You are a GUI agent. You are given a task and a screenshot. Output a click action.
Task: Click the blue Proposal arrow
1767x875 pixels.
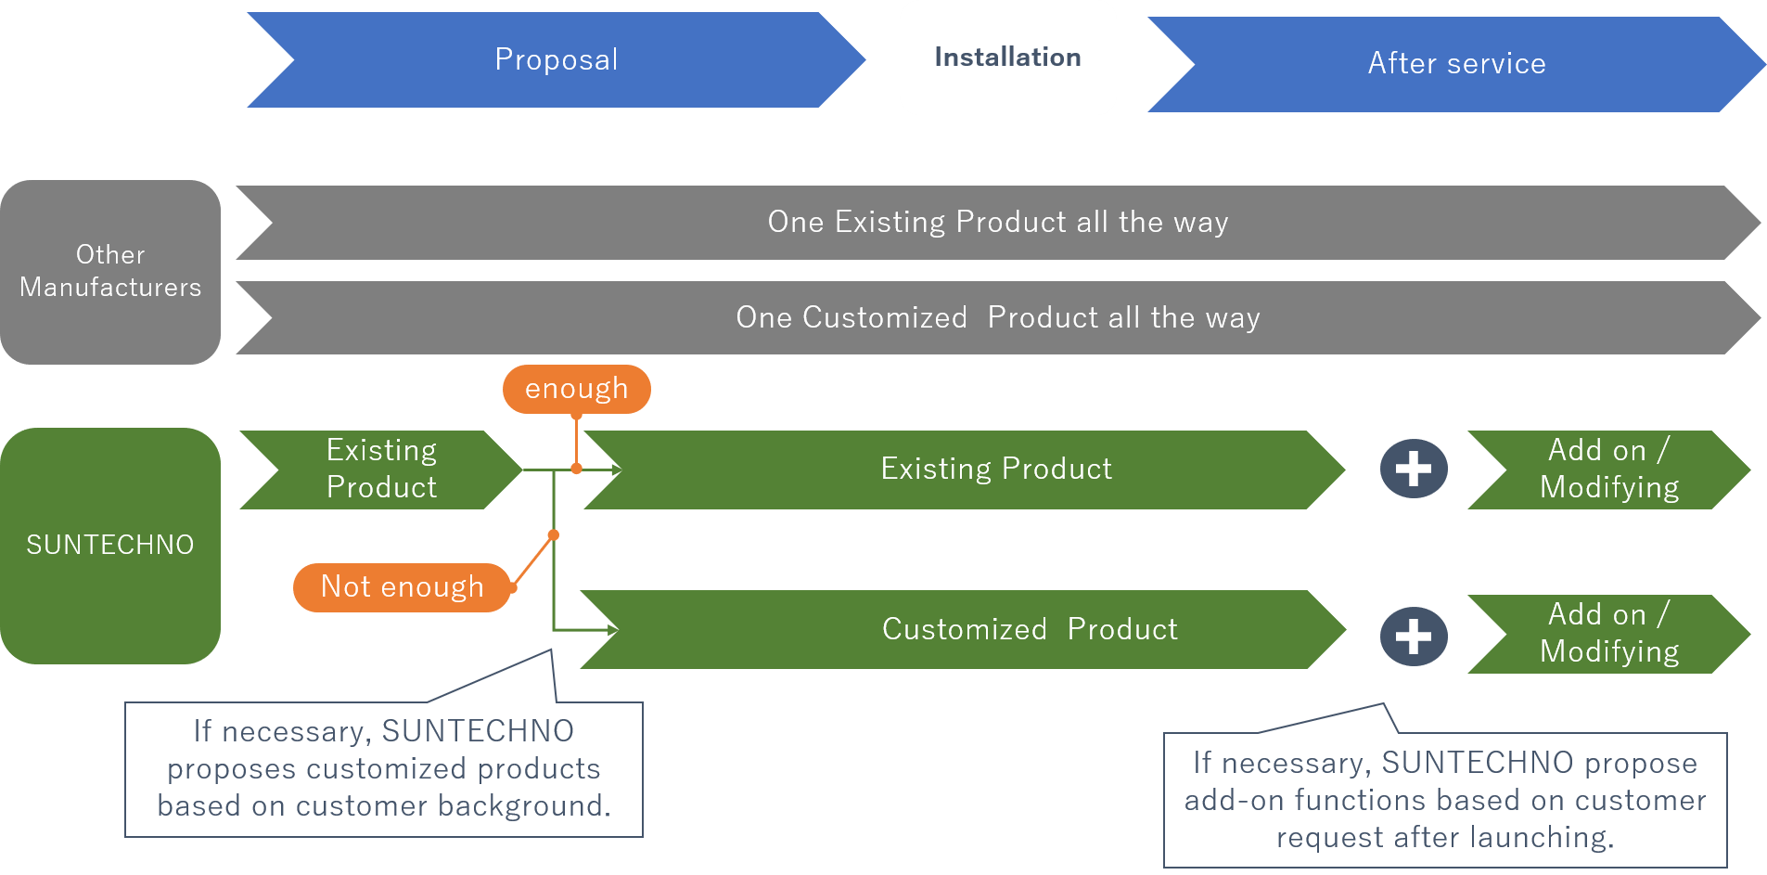click(x=556, y=59)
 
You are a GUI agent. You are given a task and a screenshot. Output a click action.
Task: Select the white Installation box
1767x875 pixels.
click(x=1007, y=58)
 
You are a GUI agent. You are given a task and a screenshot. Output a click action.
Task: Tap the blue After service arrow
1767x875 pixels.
click(x=1456, y=64)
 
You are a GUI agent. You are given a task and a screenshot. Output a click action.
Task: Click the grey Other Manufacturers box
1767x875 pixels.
click(x=110, y=271)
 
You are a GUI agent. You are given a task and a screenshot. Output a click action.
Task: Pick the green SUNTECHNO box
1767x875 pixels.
click(x=110, y=545)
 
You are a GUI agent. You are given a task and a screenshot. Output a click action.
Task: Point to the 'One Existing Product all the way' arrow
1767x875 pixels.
click(x=997, y=223)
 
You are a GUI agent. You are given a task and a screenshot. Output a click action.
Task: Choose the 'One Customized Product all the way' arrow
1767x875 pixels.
click(x=997, y=317)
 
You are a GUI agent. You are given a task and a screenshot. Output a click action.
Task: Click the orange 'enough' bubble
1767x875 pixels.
click(x=576, y=389)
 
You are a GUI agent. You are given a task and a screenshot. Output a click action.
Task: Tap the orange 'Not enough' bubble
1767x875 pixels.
click(x=402, y=586)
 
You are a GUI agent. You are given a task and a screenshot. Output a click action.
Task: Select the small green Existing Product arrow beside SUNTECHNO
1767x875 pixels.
click(x=381, y=469)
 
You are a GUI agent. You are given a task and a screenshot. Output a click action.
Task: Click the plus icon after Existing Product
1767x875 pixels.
click(x=1414, y=469)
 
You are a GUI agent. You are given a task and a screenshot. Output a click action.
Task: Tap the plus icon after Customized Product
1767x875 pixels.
click(x=1414, y=637)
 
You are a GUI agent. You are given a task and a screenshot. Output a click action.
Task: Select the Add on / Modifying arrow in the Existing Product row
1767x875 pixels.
click(x=1608, y=469)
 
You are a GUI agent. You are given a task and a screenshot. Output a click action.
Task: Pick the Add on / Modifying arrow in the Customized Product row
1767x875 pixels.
click(x=1608, y=633)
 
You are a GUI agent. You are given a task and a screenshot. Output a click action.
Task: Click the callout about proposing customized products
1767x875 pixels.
click(x=383, y=769)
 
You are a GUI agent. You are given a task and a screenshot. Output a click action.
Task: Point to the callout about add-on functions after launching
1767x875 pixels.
click(x=1444, y=800)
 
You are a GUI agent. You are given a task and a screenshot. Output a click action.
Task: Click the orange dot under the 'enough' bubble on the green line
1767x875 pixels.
click(x=576, y=469)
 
